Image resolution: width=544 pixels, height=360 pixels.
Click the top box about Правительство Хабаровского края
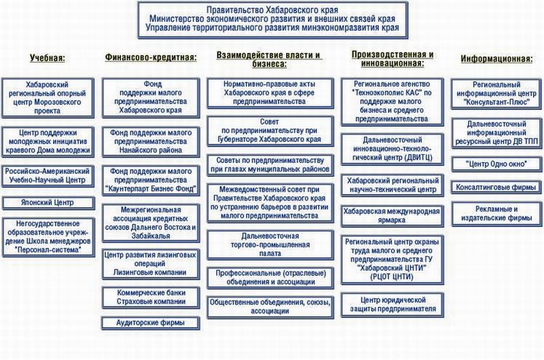tap(272, 19)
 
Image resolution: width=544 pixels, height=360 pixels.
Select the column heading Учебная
tap(48, 58)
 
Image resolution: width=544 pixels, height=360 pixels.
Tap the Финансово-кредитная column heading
tap(150, 57)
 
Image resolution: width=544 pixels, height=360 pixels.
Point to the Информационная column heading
tap(497, 59)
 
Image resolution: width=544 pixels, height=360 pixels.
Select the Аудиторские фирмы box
tap(151, 323)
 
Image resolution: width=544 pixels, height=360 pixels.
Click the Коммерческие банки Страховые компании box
tap(151, 297)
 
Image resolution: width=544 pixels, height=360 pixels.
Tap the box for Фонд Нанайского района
tap(151, 141)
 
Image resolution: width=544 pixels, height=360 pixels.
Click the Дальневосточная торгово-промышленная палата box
tap(269, 245)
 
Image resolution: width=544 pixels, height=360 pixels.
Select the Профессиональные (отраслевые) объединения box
tap(269, 278)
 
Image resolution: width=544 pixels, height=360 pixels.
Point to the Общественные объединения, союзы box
tap(269, 307)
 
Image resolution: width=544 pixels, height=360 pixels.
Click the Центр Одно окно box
tap(497, 164)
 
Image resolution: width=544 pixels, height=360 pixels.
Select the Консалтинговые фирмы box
tap(497, 188)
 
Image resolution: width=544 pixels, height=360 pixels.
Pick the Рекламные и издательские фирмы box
tap(497, 214)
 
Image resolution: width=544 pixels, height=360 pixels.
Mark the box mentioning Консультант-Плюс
tap(497, 95)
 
